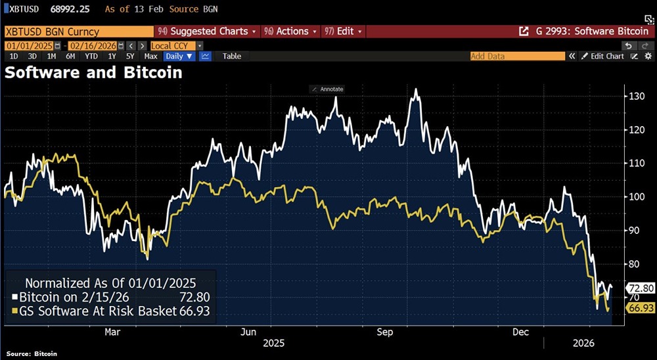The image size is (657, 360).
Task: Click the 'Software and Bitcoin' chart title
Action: coord(93,73)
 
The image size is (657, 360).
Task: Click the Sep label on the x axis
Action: coord(384,332)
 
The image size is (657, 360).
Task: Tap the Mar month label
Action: coord(112,332)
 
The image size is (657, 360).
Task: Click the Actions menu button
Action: coord(289,32)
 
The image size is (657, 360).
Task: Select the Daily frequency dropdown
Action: coord(179,56)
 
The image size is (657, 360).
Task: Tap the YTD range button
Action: coord(91,56)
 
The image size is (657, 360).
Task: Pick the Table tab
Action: coord(232,56)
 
